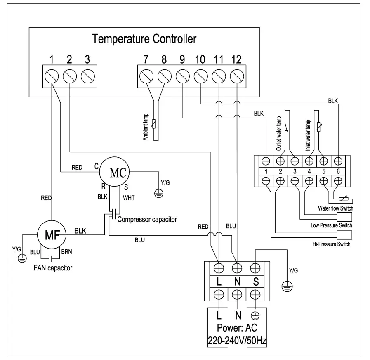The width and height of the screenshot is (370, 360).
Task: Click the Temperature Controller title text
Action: click(144, 39)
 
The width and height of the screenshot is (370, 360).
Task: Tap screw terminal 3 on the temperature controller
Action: click(87, 76)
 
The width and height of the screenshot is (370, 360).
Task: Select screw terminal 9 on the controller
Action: click(182, 76)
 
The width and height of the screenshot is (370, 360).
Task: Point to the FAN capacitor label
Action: click(53, 268)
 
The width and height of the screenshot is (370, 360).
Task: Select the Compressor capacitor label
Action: click(147, 219)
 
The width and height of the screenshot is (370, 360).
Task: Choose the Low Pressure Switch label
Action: click(331, 225)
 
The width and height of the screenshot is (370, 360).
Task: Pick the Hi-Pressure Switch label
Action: click(331, 244)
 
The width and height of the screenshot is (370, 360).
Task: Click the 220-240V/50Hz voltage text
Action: click(238, 341)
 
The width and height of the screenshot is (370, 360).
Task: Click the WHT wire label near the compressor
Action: click(129, 198)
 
